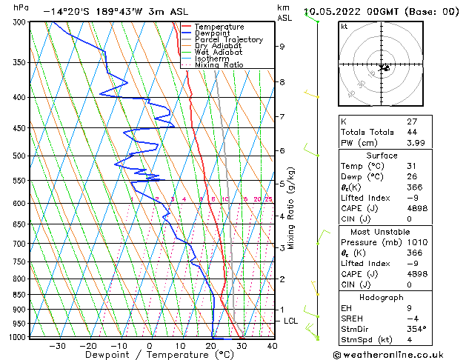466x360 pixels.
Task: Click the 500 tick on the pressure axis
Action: [x=20, y=156]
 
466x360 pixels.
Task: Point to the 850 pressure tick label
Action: [x=20, y=295]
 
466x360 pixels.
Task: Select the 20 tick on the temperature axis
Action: [x=210, y=346]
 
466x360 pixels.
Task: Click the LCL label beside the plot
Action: [x=291, y=321]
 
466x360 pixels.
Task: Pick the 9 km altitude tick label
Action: [x=282, y=46]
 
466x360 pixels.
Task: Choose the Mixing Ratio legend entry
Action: [x=219, y=65]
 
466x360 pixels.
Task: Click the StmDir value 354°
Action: [x=416, y=329]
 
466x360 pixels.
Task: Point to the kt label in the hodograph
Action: [x=344, y=27]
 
